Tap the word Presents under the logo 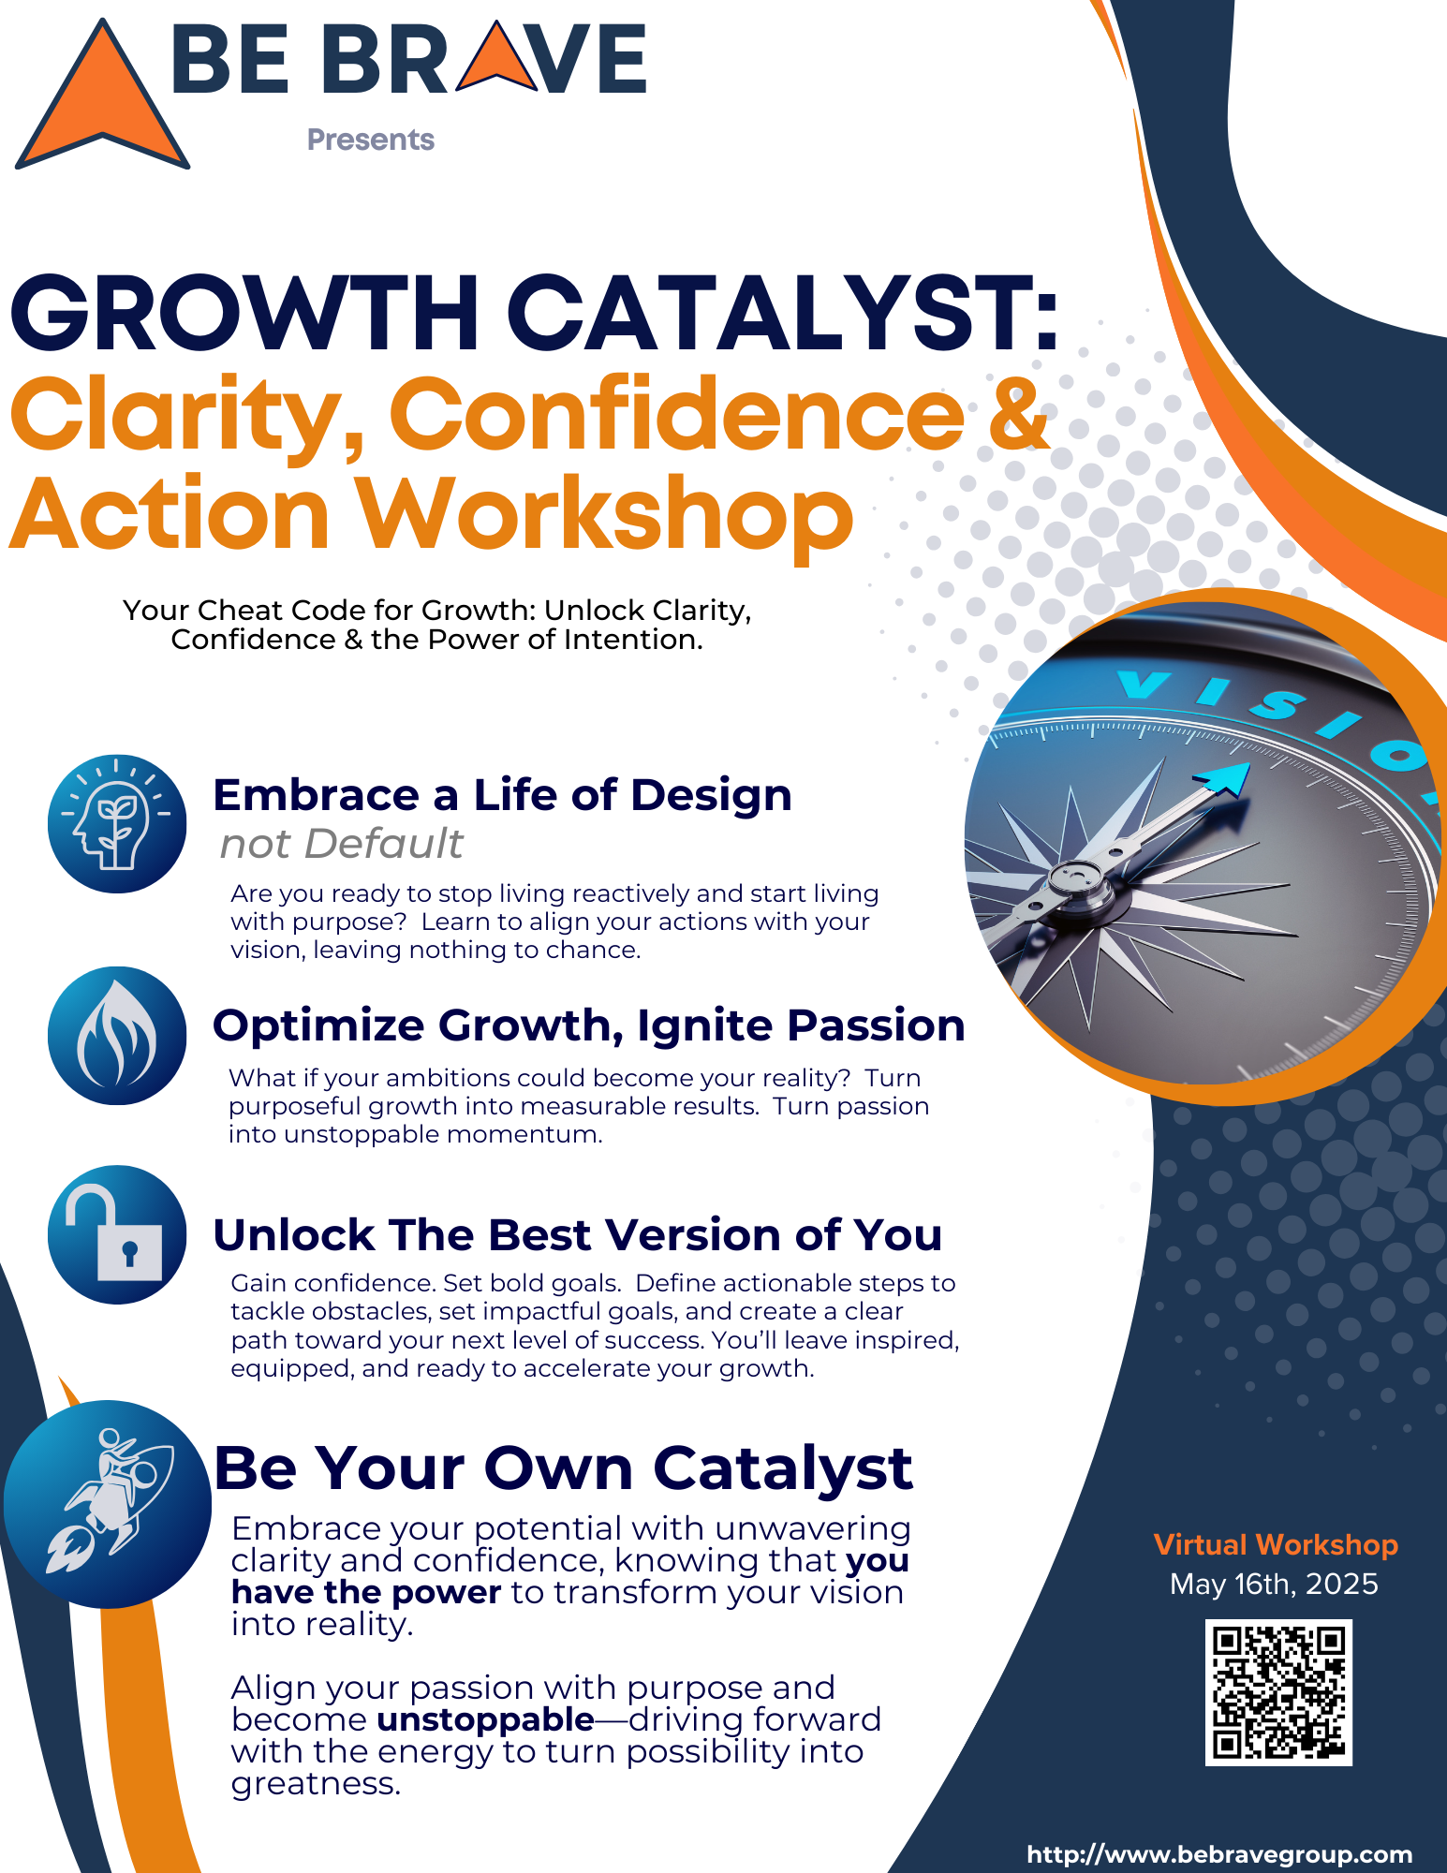(x=371, y=140)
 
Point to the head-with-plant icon (x=117, y=824)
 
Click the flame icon (x=117, y=1036)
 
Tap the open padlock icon (x=117, y=1234)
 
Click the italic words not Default (x=341, y=844)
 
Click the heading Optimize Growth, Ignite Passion (x=589, y=1025)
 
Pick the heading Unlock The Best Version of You (x=578, y=1234)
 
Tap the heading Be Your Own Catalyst (x=564, y=1467)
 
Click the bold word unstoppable (x=486, y=1720)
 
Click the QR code (x=1278, y=1693)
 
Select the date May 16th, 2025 (x=1274, y=1585)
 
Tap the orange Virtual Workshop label (x=1276, y=1544)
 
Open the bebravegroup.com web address (x=1219, y=1854)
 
